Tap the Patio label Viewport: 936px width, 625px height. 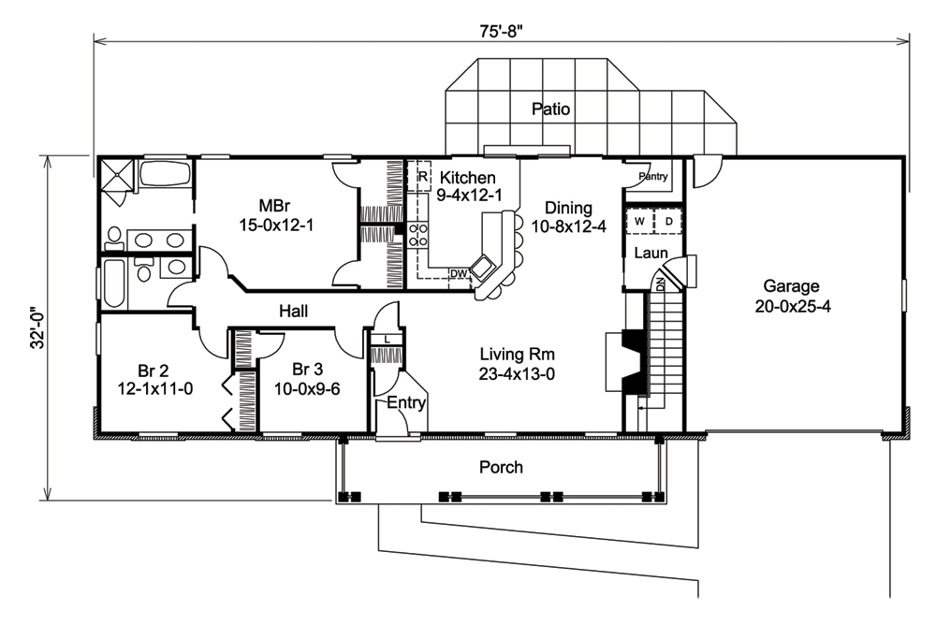pos(550,109)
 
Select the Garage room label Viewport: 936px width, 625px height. pos(790,286)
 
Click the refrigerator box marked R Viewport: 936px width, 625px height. pos(422,176)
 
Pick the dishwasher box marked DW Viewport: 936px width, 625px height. pos(459,273)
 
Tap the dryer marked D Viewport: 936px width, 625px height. pos(668,220)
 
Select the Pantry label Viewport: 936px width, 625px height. pos(652,176)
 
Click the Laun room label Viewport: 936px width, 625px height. pos(649,253)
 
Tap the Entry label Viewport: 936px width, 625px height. pos(406,404)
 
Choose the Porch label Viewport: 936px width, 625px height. pos(501,467)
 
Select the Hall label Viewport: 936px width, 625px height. pos(293,311)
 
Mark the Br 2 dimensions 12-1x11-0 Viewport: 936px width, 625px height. pos(155,387)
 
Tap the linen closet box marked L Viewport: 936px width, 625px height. pos(388,339)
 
